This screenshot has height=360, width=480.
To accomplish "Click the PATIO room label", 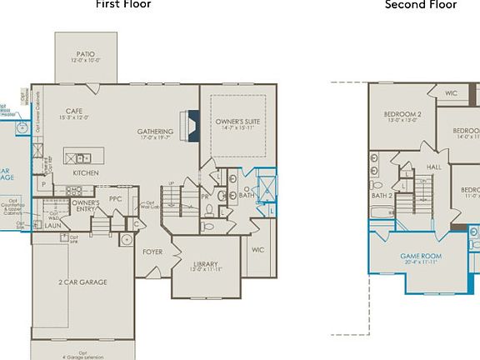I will point(85,54).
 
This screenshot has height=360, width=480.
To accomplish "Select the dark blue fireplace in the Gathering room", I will point(193,123).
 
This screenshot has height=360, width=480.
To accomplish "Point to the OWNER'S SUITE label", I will point(237,122).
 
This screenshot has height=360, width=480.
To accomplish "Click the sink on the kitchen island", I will point(82,157).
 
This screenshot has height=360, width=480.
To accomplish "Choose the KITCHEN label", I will point(86,172).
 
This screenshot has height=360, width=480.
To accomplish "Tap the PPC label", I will point(115,198).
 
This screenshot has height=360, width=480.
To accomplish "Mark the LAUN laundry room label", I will point(52,225).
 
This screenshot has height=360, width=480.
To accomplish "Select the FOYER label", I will point(152,251).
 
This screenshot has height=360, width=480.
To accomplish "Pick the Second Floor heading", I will point(420,5).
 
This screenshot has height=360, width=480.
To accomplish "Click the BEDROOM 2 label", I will point(402,113).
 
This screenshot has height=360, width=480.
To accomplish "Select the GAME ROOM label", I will point(421,255).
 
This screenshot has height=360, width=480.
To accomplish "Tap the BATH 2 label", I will point(382,195).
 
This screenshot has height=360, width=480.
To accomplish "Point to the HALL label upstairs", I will point(434,167).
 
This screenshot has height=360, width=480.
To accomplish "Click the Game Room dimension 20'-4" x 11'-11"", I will point(421,262).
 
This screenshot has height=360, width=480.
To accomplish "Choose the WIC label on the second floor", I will point(451,93).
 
